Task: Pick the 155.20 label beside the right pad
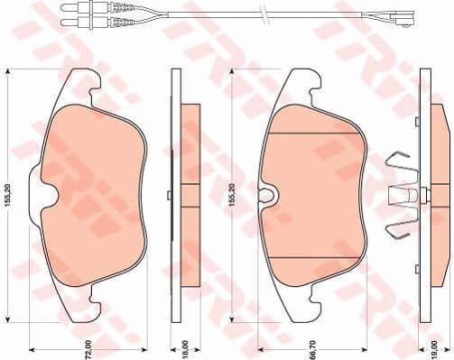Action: (x=232, y=196)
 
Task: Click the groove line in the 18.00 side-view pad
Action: (x=190, y=183)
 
